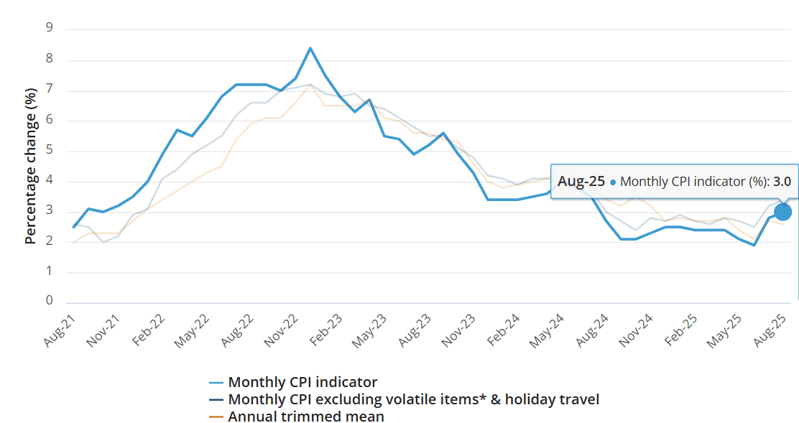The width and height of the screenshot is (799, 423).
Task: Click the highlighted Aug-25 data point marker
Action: click(x=782, y=212)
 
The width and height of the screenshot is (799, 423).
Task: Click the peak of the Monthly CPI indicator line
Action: click(x=310, y=48)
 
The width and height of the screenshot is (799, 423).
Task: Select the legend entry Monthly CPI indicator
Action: click(x=302, y=382)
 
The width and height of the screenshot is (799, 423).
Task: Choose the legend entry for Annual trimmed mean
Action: click(x=305, y=417)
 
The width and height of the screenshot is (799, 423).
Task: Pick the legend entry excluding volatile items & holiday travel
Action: click(x=413, y=399)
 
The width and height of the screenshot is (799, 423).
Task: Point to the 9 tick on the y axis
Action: click(x=50, y=28)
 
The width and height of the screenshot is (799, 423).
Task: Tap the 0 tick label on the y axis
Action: click(x=50, y=301)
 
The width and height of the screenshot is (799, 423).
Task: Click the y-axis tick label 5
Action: click(x=50, y=149)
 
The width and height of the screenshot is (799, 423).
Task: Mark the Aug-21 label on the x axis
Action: click(x=60, y=331)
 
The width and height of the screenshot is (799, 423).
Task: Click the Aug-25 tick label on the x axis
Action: click(x=771, y=331)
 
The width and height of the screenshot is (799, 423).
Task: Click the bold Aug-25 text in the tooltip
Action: click(x=581, y=182)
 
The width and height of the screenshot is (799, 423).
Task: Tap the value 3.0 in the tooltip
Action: click(x=782, y=182)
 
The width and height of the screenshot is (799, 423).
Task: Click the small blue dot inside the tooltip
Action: click(x=613, y=182)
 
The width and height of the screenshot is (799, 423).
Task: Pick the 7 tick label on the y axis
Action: click(x=50, y=89)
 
